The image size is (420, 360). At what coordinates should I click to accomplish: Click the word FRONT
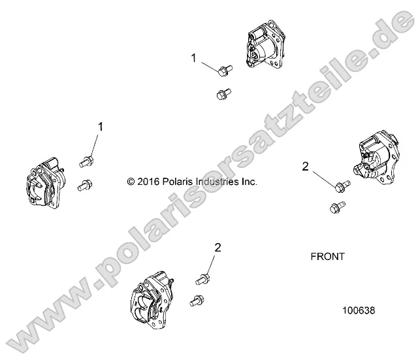[x=327, y=257]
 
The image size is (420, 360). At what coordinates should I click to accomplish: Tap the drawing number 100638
[x=358, y=312]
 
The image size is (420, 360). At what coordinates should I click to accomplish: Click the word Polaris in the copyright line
[x=179, y=182]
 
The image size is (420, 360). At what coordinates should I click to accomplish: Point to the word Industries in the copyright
[x=218, y=182]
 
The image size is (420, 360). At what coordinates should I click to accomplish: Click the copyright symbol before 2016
[x=131, y=182]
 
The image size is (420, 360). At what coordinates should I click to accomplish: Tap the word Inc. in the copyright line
[x=250, y=182]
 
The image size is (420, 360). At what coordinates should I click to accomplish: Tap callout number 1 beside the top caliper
[x=193, y=58]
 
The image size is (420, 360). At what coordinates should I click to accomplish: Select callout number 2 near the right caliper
[x=305, y=167]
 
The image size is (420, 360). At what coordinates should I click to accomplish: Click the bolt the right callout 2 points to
[x=340, y=188]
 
